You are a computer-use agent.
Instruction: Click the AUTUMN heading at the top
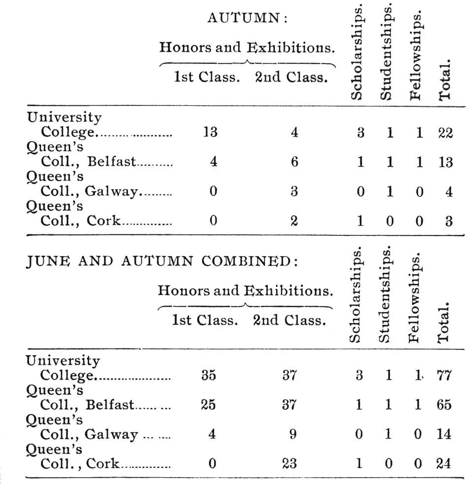pos(247,18)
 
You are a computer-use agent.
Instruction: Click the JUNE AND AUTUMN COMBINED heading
pos(162,260)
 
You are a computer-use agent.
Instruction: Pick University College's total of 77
pos(444,376)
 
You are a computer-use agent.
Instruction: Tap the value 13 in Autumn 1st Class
pos(210,132)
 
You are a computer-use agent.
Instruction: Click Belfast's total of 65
pos(444,405)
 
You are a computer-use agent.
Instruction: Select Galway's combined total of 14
pos(444,434)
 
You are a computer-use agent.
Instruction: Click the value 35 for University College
pos(208,376)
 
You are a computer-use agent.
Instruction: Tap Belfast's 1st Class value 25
pos(208,405)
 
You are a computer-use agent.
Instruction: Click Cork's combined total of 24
pos(444,463)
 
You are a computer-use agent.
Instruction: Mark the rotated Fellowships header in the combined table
pos(414,297)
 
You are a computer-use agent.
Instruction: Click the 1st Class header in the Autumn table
pos(206,77)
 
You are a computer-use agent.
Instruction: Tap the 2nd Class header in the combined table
pos(289,321)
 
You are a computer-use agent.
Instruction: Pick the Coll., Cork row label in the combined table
pos(80,463)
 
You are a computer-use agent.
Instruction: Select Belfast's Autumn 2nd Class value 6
pos(294,162)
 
